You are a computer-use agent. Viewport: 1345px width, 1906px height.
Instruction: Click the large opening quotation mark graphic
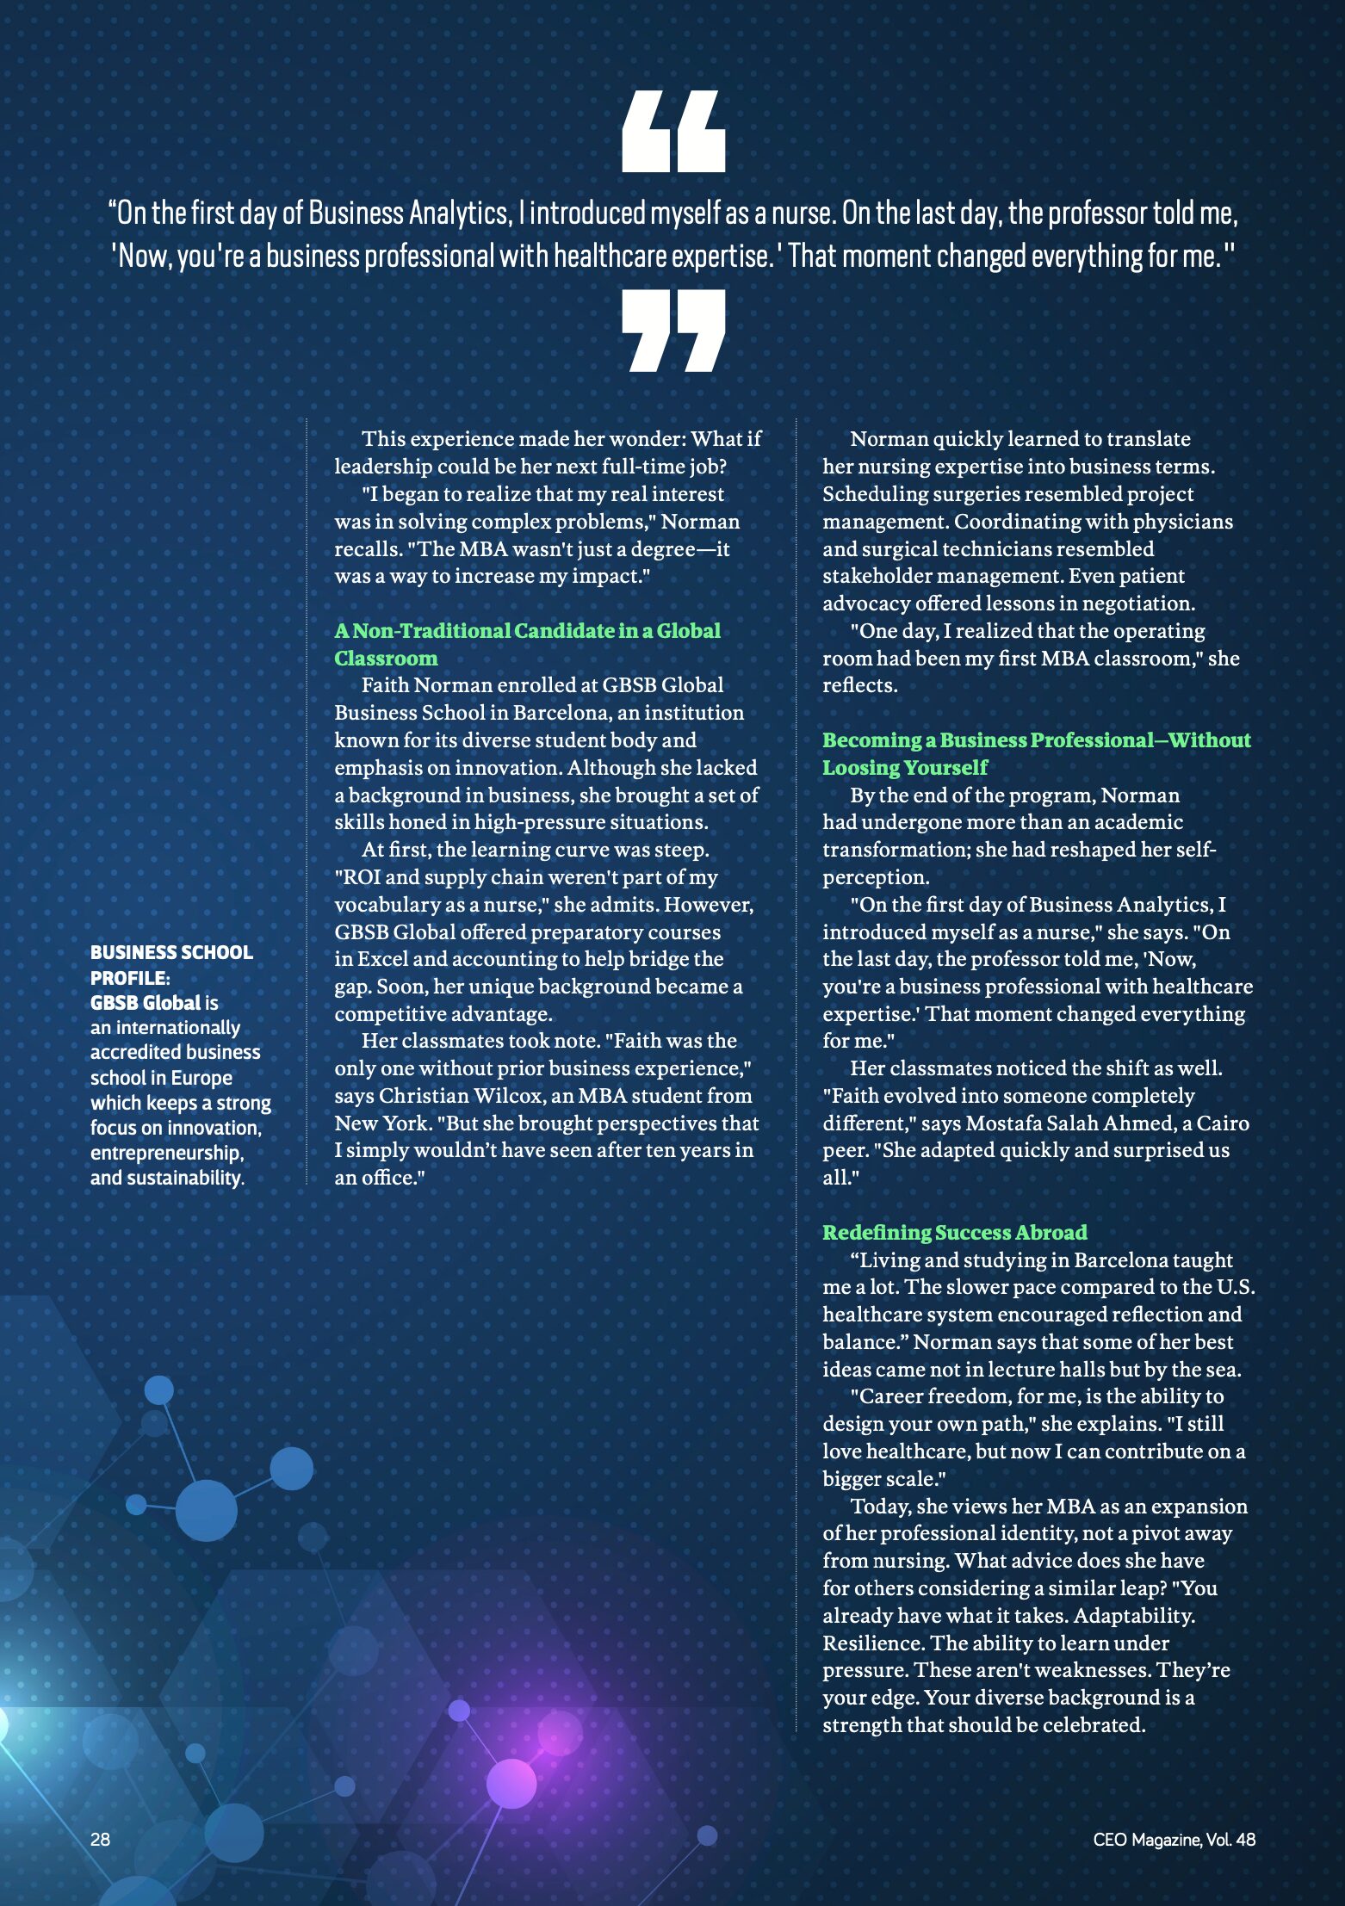coord(673,132)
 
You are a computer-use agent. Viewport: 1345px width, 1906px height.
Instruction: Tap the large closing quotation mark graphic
coord(673,331)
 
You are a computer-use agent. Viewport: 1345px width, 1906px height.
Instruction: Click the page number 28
coord(100,1839)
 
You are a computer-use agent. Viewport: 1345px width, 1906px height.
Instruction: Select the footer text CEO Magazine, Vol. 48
coord(1174,1840)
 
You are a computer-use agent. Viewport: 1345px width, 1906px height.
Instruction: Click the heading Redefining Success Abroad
coord(954,1232)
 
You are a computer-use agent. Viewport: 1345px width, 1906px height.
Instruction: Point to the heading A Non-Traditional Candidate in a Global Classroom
coord(527,643)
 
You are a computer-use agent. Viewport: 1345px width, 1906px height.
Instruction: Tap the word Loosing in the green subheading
coord(857,767)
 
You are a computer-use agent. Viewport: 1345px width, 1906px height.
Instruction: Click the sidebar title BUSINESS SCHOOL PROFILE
coord(171,964)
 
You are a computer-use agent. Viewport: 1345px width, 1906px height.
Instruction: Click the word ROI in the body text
coord(356,877)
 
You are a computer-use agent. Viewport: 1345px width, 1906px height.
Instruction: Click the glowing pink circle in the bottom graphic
coord(511,1783)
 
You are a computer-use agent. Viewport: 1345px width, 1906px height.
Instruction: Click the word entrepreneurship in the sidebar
coord(166,1153)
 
